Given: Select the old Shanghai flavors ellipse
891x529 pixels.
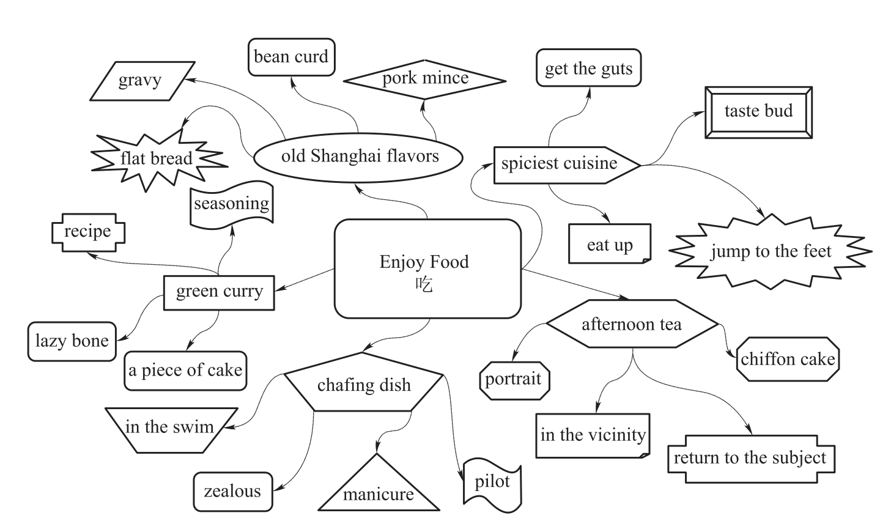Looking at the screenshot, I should pos(360,157).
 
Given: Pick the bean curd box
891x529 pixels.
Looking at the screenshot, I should pos(291,57).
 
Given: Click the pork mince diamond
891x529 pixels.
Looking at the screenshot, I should pos(425,79).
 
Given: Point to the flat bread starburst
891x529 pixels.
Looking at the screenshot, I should pos(157,159).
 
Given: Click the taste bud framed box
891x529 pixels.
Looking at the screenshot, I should pos(758,111).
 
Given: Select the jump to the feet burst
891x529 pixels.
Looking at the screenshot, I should pos(771,251).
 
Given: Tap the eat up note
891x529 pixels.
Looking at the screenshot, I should pos(610,245).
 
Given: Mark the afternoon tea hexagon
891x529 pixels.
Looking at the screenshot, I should pos(631,324).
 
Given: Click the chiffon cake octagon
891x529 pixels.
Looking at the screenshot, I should pos(788,359).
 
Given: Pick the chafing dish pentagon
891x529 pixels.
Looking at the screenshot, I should pos(364,384).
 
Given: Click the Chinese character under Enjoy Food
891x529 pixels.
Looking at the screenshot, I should pos(424,284).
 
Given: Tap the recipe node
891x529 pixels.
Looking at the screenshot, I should pos(87,232).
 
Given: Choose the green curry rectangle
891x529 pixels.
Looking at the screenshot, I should pos(219,292).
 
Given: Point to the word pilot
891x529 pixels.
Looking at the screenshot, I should pos(492,482).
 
